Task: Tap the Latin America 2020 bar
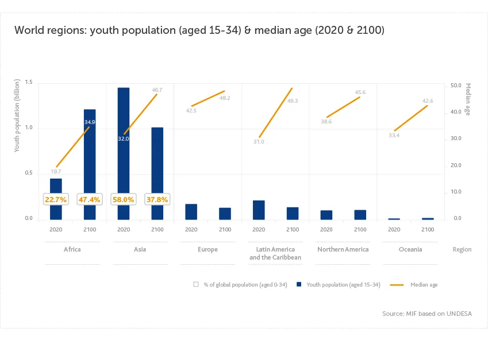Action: [x=259, y=210]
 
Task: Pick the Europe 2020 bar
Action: [x=191, y=211]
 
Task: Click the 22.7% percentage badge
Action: [x=56, y=199]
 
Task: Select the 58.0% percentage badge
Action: [x=124, y=199]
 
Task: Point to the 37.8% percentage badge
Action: [x=157, y=199]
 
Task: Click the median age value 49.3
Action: [x=293, y=101]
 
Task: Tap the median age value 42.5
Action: [x=191, y=110]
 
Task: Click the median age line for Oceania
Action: [x=411, y=118]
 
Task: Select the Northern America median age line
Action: [x=343, y=107]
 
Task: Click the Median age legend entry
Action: [x=414, y=284]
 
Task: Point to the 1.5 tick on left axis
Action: [x=28, y=84]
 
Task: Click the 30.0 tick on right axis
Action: [x=455, y=138]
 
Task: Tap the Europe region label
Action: [x=208, y=249]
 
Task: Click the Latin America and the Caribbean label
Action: [x=275, y=253]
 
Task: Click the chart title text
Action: [x=199, y=30]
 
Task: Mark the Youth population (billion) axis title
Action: [x=17, y=124]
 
